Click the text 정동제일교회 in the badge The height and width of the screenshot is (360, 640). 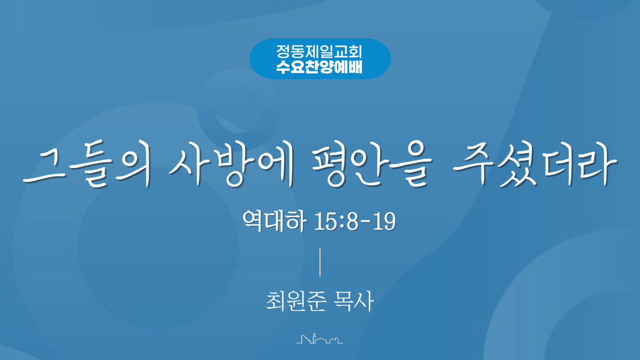click(x=319, y=52)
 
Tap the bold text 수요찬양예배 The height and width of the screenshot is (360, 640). click(x=319, y=67)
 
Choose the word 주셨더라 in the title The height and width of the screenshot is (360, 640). click(x=535, y=163)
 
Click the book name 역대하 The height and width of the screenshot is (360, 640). click(x=274, y=221)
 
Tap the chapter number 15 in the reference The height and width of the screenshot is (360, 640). click(x=326, y=221)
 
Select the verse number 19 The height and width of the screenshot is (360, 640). click(x=384, y=221)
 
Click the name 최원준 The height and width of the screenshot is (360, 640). click(x=296, y=301)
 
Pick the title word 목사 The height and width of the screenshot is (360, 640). click(x=354, y=301)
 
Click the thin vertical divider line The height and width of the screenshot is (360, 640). click(x=320, y=262)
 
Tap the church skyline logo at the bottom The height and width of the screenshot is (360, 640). click(x=320, y=338)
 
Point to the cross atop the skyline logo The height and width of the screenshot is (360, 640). click(x=314, y=334)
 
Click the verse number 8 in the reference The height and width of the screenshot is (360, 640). click(x=353, y=221)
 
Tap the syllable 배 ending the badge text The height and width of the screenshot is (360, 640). click(x=355, y=67)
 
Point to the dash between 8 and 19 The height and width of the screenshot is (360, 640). click(x=365, y=222)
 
